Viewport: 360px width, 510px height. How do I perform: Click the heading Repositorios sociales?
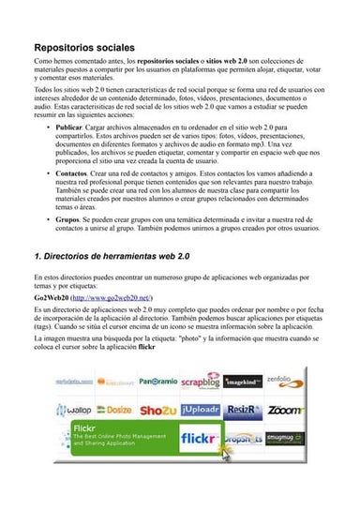point(84,47)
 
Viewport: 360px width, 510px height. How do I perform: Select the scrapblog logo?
point(200,382)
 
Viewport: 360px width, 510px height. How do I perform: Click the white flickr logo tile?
point(200,438)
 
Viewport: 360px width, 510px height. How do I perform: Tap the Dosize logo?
point(114,410)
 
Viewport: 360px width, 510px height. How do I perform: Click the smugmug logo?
point(285,438)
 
